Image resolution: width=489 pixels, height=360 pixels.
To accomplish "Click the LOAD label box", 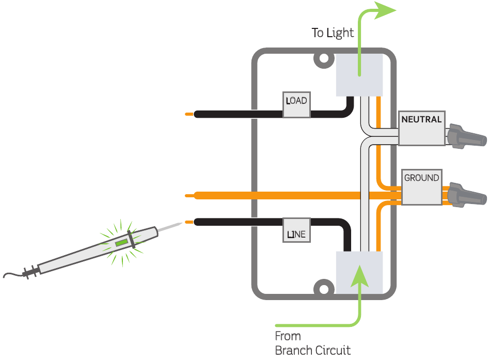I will pos(296,105).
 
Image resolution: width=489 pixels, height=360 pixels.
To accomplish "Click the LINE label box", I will pos(296,230).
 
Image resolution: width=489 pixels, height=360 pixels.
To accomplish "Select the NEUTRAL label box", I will pos(421,128).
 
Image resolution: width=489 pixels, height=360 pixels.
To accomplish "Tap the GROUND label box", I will pos(421,186).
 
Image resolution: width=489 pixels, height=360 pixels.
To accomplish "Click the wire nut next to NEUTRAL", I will pos(467,136).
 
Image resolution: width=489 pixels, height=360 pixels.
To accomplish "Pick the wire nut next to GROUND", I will pos(467,194).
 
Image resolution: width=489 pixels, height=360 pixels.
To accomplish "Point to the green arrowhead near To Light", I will pos(385,10).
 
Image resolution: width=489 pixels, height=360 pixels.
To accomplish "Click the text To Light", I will pos(333,33).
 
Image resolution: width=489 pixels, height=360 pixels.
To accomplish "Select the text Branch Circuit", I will pos(312,350).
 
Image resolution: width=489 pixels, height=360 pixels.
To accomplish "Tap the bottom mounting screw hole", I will pos(324,287).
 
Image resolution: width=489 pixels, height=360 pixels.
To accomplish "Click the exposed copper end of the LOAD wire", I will pos(190,114).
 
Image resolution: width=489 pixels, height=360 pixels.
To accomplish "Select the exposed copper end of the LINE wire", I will pos(190,222).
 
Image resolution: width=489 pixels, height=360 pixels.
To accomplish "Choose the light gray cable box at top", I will pos(359,74).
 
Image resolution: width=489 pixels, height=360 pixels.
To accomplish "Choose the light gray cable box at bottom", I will pos(359,273).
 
